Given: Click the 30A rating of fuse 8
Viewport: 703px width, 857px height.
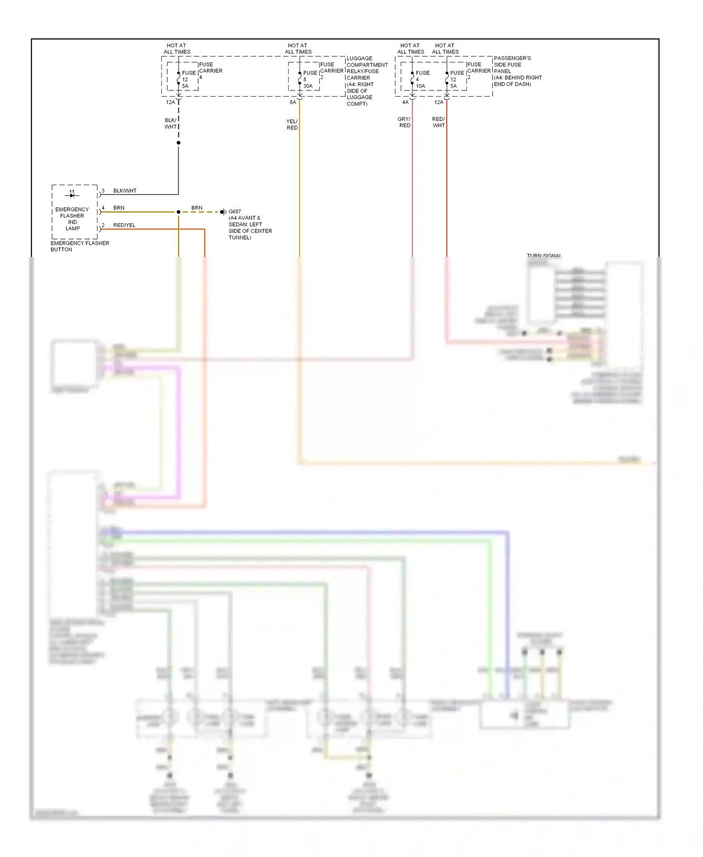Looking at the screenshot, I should [307, 86].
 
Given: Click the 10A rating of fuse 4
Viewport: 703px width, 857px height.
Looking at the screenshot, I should [420, 86].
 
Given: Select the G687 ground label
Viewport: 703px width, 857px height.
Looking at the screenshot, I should [234, 211].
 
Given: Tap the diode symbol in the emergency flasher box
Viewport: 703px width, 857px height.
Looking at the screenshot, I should [72, 195].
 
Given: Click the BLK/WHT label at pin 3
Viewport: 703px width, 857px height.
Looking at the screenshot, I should [125, 191].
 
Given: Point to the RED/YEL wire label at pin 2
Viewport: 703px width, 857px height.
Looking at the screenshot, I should [124, 225].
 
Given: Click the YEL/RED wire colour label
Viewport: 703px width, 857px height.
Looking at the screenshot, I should [292, 125].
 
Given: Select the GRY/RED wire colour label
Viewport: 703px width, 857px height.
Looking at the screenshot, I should [404, 122].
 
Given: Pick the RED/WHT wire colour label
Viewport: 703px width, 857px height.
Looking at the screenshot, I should [438, 122].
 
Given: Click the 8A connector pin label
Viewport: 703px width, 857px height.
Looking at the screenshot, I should [292, 102].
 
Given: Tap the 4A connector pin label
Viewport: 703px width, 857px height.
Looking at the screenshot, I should [405, 102].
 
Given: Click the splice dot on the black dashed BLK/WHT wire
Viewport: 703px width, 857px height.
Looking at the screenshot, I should [179, 143].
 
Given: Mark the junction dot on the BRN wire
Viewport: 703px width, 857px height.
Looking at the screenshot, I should [179, 212].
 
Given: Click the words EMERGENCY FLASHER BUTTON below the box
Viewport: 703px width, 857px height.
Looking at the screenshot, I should [79, 246].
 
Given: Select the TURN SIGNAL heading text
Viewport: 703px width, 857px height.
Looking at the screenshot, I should [544, 256].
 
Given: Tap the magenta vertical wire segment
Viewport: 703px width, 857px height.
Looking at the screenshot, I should [179, 431].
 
